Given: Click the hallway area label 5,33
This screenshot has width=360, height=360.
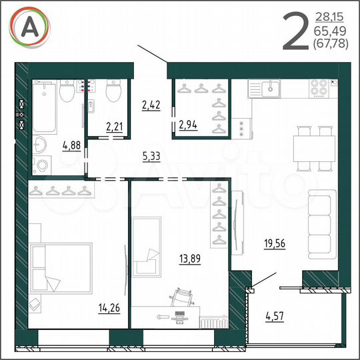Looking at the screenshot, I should click(x=151, y=157).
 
